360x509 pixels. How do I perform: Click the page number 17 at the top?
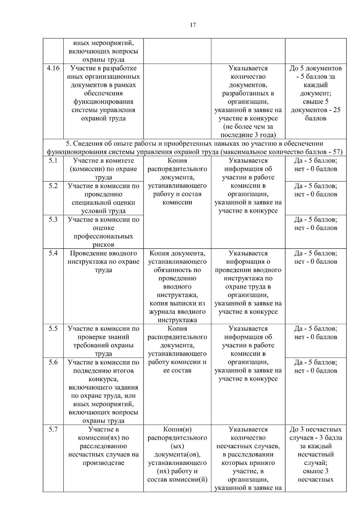tap(193, 25)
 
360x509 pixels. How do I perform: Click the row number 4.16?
tap(53, 68)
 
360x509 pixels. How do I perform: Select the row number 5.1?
tap(53, 160)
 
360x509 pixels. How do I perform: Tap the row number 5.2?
tap(53, 186)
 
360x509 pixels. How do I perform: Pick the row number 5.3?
tap(53, 219)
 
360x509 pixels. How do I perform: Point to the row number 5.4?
tap(53, 253)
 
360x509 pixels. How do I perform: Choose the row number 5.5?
tap(53, 328)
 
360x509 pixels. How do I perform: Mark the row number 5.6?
tap(53, 362)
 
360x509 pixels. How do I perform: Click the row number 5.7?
tap(53, 429)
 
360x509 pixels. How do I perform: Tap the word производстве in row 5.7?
tap(103, 463)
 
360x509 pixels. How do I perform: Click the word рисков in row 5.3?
tap(103, 244)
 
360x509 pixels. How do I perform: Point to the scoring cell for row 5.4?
tap(316, 257)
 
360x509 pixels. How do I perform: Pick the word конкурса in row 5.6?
tap(103, 379)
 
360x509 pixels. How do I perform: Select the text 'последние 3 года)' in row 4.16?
tap(248, 135)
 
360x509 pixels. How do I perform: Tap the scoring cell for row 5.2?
tap(316, 190)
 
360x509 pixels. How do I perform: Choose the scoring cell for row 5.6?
tap(316, 367)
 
